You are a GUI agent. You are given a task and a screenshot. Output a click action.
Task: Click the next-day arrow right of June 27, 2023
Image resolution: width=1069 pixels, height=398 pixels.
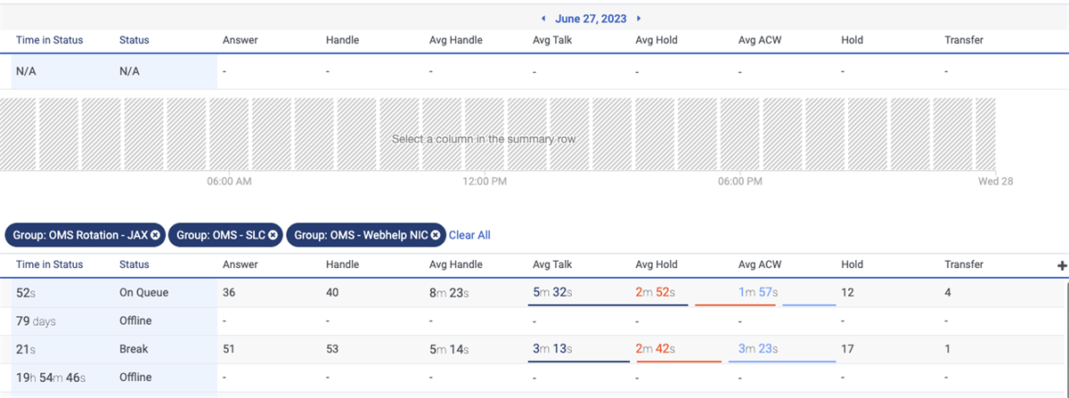(x=639, y=19)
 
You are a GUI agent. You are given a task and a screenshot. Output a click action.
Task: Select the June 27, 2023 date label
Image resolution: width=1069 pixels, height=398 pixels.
(x=592, y=19)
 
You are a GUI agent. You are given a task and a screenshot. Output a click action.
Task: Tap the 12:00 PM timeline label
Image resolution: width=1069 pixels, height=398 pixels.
(x=485, y=182)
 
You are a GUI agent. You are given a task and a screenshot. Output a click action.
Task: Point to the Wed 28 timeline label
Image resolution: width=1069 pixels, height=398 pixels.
(x=996, y=182)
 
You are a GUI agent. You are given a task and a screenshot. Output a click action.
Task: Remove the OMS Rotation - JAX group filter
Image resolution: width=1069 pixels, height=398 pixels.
(x=155, y=235)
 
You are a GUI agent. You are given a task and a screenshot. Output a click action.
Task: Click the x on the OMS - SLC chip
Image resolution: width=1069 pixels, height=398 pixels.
(x=273, y=235)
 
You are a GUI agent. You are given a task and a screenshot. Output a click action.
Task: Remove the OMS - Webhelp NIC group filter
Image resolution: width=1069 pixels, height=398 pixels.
(x=435, y=235)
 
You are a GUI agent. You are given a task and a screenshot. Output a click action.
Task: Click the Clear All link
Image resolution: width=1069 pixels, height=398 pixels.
(x=469, y=235)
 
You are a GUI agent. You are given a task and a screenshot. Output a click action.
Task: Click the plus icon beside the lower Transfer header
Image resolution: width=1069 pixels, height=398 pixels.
(x=1061, y=265)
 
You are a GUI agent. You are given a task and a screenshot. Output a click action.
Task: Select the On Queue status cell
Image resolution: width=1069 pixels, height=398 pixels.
(x=143, y=292)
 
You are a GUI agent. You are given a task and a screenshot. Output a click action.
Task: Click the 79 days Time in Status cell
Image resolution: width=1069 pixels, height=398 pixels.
(x=36, y=321)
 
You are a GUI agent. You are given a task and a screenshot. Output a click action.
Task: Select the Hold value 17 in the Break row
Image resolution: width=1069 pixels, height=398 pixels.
(x=848, y=349)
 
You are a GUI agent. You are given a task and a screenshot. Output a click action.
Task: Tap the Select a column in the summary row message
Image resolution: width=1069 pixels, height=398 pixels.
(x=483, y=140)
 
